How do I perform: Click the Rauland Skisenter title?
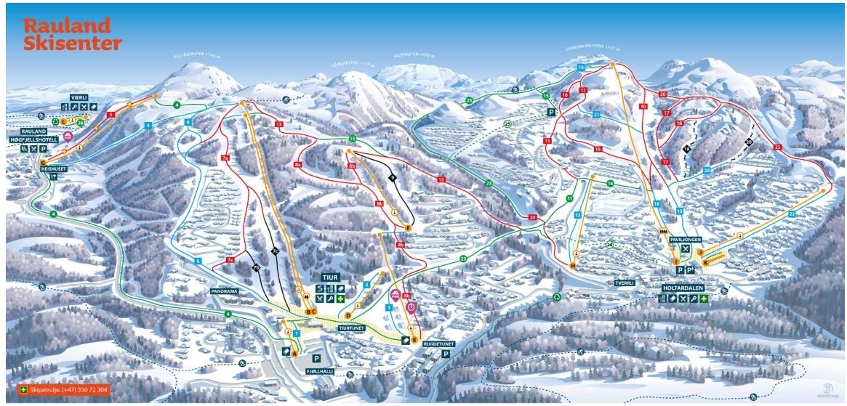click(72, 35)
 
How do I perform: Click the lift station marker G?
click(44, 161)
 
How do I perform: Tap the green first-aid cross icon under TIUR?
click(340, 299)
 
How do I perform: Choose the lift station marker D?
click(348, 315)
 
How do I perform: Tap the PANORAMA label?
click(225, 291)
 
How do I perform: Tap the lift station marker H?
click(573, 267)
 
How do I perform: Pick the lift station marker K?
click(705, 261)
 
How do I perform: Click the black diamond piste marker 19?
click(686, 148)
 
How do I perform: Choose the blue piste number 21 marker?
click(596, 115)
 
